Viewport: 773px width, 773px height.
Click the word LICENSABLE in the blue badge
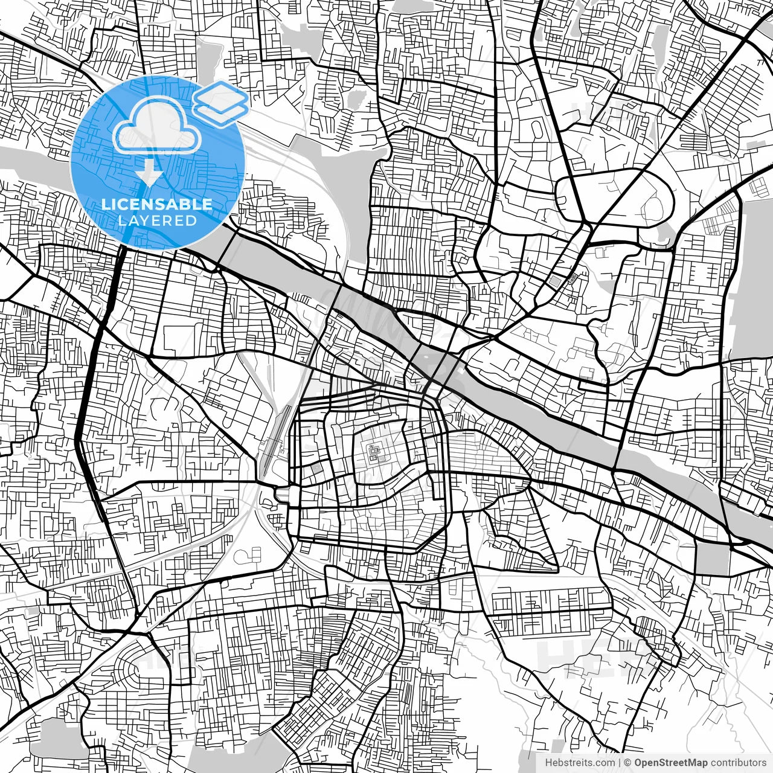pos(157,204)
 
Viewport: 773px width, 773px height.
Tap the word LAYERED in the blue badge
pos(157,220)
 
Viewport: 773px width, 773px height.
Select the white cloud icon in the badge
pos(157,126)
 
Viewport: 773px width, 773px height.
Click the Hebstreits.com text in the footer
pos(580,763)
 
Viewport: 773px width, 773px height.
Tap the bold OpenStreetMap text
pos(670,763)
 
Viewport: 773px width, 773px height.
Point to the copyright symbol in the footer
pos(627,763)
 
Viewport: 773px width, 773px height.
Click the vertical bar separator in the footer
pos(620,763)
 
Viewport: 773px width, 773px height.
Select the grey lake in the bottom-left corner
pos(57,740)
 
